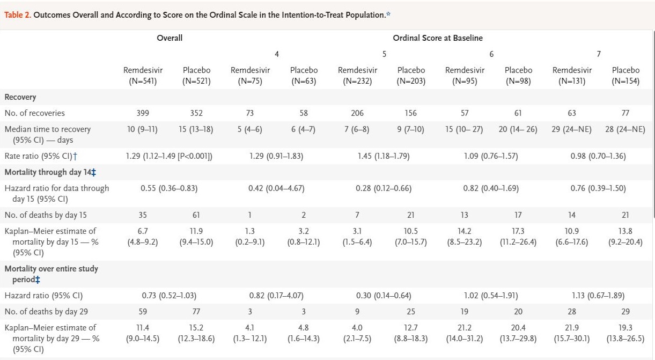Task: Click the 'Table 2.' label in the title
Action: pyautogui.click(x=17, y=15)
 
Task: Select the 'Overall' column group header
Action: pyautogui.click(x=170, y=38)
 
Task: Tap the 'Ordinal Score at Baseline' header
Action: pyautogui.click(x=438, y=38)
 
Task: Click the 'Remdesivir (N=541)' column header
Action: pyautogui.click(x=143, y=76)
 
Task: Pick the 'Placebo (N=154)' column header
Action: pyautogui.click(x=625, y=76)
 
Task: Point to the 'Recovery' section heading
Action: pyautogui.click(x=20, y=97)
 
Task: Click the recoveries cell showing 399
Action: pyautogui.click(x=143, y=113)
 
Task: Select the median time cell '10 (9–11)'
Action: pyautogui.click(x=143, y=129)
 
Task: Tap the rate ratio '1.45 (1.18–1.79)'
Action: pyautogui.click(x=384, y=156)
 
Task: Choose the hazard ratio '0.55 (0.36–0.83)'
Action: pyautogui.click(x=170, y=188)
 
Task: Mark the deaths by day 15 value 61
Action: pyautogui.click(x=196, y=215)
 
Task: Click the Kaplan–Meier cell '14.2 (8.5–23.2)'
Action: pyautogui.click(x=465, y=237)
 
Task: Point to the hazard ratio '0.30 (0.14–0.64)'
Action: pyautogui.click(x=384, y=296)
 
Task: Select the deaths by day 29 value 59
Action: pyautogui.click(x=143, y=312)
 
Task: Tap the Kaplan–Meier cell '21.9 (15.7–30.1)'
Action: pyautogui.click(x=572, y=333)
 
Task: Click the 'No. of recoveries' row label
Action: pyautogui.click(x=34, y=113)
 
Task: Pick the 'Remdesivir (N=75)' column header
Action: pyautogui.click(x=250, y=76)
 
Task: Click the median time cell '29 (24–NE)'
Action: pyautogui.click(x=572, y=129)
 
